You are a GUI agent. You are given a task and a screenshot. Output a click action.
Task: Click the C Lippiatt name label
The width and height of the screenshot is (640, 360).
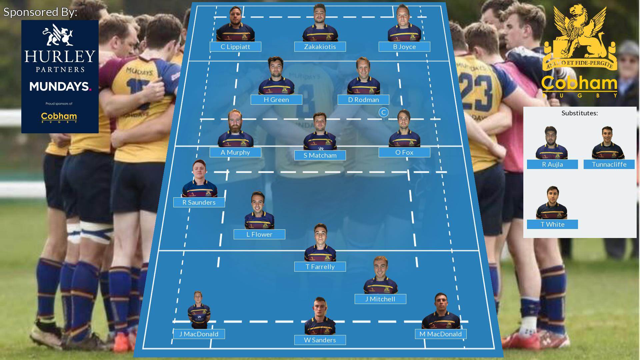pyautogui.click(x=235, y=47)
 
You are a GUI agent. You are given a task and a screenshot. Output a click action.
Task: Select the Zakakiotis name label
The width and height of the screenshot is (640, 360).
pyautogui.click(x=320, y=47)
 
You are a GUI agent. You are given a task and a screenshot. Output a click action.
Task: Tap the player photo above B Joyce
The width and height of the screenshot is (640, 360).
pyautogui.click(x=404, y=23)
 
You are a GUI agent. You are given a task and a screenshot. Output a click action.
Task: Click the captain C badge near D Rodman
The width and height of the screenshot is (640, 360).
pyautogui.click(x=384, y=112)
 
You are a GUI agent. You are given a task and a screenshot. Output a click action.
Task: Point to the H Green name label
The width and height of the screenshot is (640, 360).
pyautogui.click(x=276, y=100)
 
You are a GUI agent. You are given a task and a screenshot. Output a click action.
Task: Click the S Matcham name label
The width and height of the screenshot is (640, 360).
pyautogui.click(x=320, y=155)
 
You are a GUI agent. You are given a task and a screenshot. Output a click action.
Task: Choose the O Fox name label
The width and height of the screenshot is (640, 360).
pyautogui.click(x=404, y=152)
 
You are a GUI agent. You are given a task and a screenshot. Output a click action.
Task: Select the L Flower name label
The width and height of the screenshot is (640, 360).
pyautogui.click(x=259, y=234)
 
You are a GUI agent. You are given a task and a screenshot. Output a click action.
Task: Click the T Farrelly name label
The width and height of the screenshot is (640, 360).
pyautogui.click(x=320, y=267)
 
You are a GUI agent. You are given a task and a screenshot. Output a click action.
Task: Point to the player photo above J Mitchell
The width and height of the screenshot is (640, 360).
pyautogui.click(x=380, y=275)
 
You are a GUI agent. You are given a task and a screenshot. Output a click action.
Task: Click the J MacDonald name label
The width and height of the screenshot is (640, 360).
pyautogui.click(x=199, y=334)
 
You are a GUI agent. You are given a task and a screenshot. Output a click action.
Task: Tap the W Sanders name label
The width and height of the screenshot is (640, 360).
pyautogui.click(x=320, y=340)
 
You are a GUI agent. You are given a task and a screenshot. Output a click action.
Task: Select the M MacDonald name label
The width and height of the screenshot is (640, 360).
pyautogui.click(x=441, y=334)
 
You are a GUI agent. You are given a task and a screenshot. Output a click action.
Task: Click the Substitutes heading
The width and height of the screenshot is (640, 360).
pyautogui.click(x=580, y=113)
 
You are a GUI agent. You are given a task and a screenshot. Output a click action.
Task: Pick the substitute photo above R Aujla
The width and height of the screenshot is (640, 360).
pyautogui.click(x=551, y=143)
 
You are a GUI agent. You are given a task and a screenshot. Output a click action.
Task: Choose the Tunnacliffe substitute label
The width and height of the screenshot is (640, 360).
pyautogui.click(x=609, y=164)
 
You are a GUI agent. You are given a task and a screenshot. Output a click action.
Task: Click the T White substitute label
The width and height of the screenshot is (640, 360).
pyautogui.click(x=552, y=224)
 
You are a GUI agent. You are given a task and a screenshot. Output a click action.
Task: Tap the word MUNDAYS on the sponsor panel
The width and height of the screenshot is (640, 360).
pyautogui.click(x=60, y=87)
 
